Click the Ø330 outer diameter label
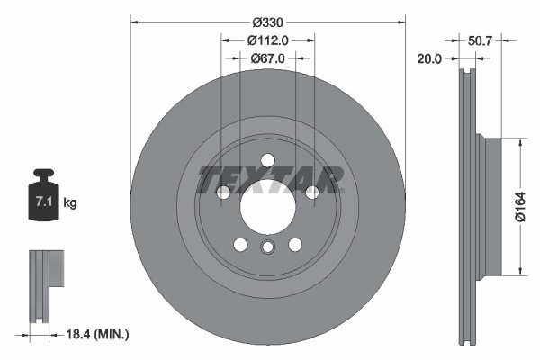[267, 21]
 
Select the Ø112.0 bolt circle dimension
[267, 40]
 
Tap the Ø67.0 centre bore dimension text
[267, 58]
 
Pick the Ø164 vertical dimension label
[533, 206]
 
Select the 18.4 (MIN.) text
[98, 334]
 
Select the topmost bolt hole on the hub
[267, 160]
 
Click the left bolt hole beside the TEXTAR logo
[224, 192]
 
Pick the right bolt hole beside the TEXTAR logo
[311, 192]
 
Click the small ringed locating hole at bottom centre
[267, 249]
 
